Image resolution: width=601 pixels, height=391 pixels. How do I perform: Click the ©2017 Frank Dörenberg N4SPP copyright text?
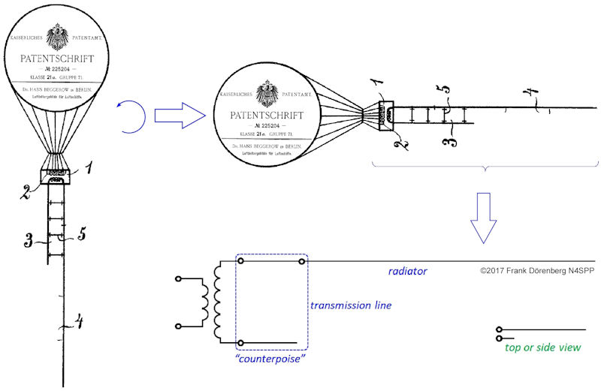(536, 270)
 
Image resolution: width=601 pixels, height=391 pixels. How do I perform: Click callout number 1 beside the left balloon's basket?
(88, 170)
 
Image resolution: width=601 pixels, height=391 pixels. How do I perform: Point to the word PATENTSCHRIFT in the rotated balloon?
(258, 116)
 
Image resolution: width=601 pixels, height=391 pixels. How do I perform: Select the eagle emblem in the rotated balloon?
(264, 93)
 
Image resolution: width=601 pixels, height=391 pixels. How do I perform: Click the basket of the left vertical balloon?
(56, 177)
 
